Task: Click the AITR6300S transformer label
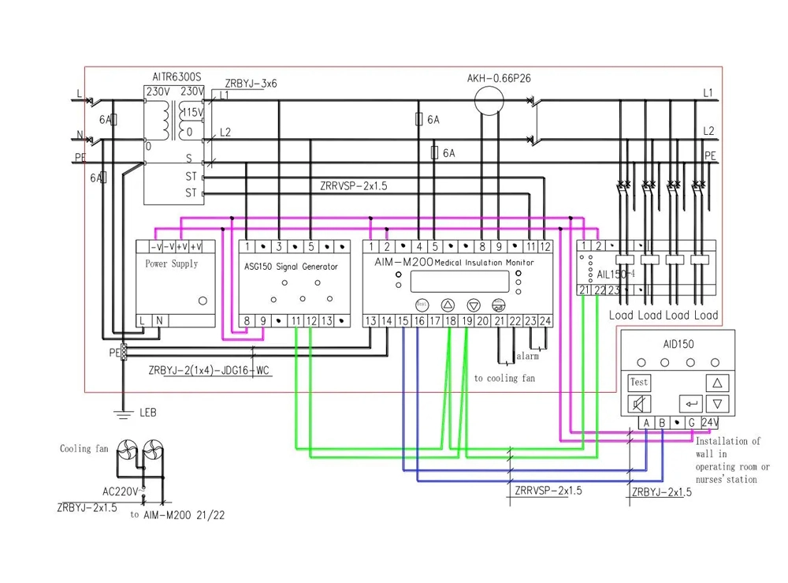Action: pyautogui.click(x=177, y=77)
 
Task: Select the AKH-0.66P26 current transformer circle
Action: pyautogui.click(x=489, y=100)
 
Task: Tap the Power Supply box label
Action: pyautogui.click(x=172, y=263)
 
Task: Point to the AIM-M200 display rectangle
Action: pyautogui.click(x=459, y=282)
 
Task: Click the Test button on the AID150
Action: pyautogui.click(x=639, y=382)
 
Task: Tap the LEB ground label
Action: pyautogui.click(x=148, y=412)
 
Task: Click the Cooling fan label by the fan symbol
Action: pyautogui.click(x=84, y=449)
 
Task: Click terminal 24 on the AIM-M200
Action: pyautogui.click(x=545, y=320)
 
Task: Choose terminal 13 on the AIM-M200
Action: pyautogui.click(x=371, y=320)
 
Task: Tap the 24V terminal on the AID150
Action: pyautogui.click(x=710, y=423)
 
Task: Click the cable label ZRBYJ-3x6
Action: pyautogui.click(x=251, y=83)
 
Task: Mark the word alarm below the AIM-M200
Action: pyautogui.click(x=527, y=357)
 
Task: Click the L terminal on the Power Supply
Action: pyautogui.click(x=143, y=320)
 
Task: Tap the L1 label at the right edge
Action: pyautogui.click(x=708, y=93)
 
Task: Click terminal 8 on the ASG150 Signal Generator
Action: pyautogui.click(x=247, y=320)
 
